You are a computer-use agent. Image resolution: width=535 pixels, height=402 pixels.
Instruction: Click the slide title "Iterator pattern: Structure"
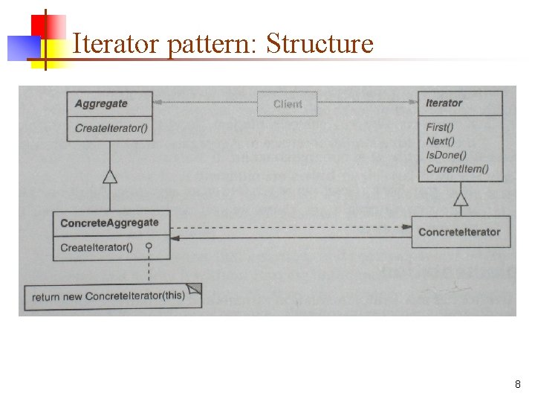[223, 44]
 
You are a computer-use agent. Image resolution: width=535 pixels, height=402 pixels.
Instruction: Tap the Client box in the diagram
[288, 104]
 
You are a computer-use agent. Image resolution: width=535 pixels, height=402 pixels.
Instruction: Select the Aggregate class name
[101, 103]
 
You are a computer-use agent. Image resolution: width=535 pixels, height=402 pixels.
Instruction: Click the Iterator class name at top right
[444, 103]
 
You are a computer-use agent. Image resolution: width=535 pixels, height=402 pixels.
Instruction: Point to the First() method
[441, 127]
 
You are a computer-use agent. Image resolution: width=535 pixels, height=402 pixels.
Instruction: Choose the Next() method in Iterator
[441, 141]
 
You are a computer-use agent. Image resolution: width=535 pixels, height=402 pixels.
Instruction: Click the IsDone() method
[446, 155]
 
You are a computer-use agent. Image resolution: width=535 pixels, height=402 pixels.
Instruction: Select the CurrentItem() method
[457, 169]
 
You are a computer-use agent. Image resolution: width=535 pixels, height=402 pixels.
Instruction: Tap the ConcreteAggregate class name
[109, 223]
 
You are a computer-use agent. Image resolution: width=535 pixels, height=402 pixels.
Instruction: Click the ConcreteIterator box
[459, 232]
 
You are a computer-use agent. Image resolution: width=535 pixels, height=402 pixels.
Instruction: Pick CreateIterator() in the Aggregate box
[111, 128]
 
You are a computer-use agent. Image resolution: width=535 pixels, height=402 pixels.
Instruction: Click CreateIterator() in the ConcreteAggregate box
[97, 247]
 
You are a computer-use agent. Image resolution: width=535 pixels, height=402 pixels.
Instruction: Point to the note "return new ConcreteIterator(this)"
[108, 296]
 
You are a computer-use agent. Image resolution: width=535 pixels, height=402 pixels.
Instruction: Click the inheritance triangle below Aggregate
[110, 176]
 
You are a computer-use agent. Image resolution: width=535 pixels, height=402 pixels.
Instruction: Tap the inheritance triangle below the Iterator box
[461, 199]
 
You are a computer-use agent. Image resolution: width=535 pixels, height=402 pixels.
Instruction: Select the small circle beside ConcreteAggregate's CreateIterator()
[149, 246]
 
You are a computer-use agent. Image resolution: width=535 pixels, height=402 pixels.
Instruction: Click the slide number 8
[517, 385]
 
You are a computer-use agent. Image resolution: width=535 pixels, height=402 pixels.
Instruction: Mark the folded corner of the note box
[194, 289]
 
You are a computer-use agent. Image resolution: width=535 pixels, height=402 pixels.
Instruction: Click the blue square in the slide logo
[22, 47]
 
